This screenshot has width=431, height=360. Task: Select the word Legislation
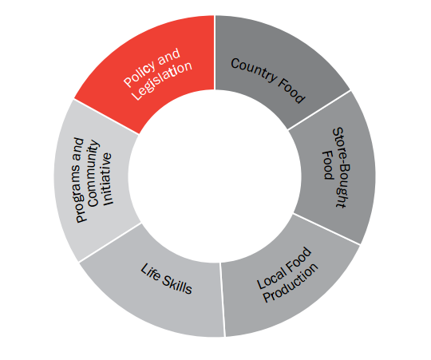coord(162,81)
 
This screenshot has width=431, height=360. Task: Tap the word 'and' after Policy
coord(169,57)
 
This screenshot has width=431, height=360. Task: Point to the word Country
coord(254,70)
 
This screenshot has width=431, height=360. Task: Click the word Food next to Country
coord(291,90)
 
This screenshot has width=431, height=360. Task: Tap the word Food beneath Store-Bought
coord(328,165)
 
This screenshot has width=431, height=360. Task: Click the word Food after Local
coord(299,260)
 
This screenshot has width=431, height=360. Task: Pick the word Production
coord(291,283)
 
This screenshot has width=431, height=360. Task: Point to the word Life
coord(150,273)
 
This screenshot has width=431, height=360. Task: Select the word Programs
coord(80,180)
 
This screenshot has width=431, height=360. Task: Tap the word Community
coord(93,174)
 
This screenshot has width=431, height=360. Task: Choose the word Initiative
coord(107,179)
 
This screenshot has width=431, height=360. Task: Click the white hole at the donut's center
coord(215,176)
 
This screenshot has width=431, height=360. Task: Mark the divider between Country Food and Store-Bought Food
coord(318,109)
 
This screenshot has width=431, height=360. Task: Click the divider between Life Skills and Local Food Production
coord(222,299)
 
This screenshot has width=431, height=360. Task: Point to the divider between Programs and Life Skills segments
coord(110,243)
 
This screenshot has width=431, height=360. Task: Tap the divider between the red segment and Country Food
coord(215,53)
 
